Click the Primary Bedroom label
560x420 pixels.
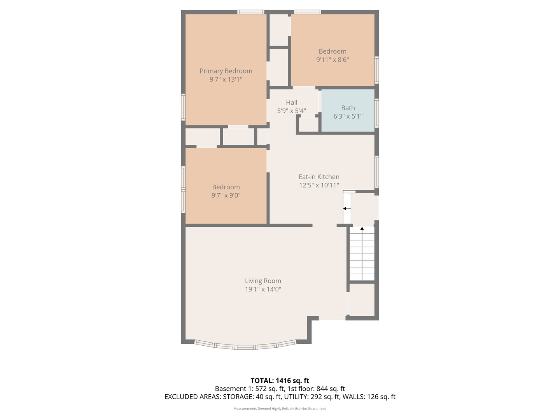[226, 71]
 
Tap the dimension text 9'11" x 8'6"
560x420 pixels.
[332, 60]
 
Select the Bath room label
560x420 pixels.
[348, 108]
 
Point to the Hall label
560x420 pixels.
[292, 102]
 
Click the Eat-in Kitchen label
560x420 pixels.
[319, 177]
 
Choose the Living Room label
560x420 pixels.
[263, 281]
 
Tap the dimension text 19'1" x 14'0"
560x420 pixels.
[263, 289]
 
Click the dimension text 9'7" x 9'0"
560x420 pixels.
[226, 196]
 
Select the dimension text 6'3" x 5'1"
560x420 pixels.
[348, 116]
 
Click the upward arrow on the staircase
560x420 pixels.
[362, 229]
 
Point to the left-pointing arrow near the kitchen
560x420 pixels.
[345, 209]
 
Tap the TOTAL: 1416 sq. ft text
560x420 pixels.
[280, 381]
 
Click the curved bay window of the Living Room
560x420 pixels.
[245, 346]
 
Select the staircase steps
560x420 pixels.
[362, 257]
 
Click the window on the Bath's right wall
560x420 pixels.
[376, 113]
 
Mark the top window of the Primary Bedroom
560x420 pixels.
[251, 12]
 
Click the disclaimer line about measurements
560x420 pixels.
[280, 409]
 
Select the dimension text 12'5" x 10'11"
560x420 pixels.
[319, 185]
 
